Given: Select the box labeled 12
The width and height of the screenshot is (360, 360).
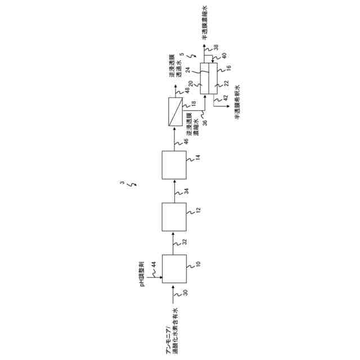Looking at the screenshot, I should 174,216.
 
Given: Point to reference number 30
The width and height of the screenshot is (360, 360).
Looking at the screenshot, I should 185,294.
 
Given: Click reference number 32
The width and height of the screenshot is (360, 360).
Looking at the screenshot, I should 185,242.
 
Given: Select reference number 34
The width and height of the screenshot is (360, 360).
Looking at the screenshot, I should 185,191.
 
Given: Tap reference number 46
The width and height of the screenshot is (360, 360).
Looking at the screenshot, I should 185,142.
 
